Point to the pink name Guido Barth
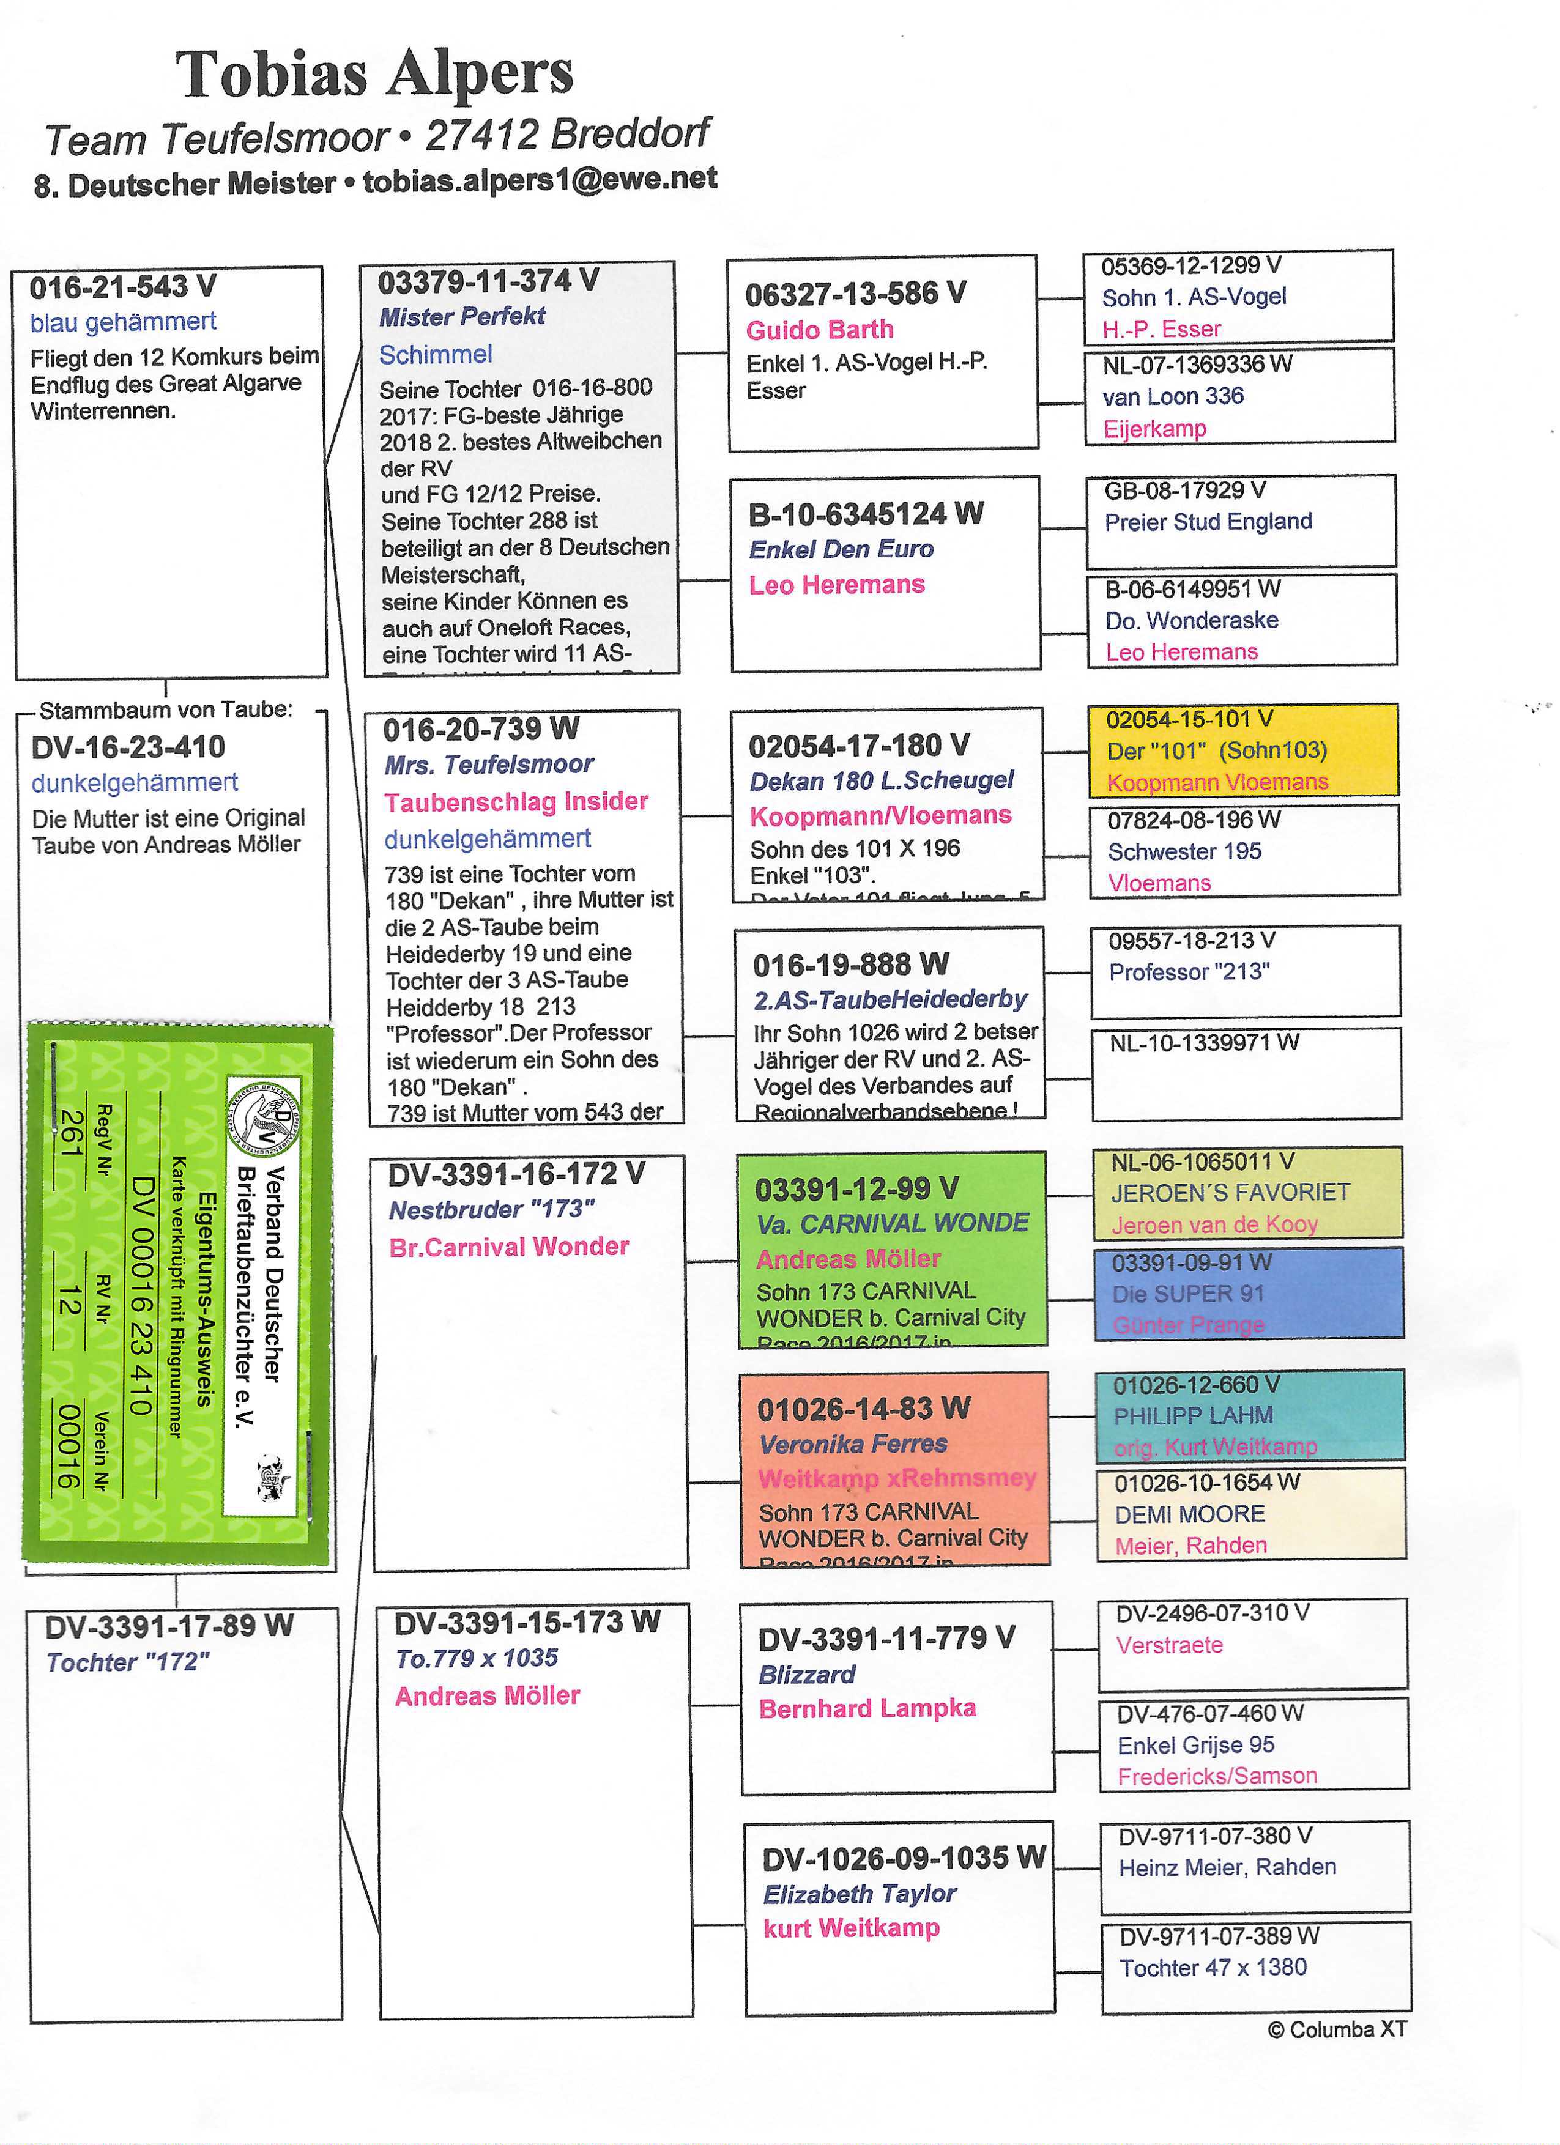[819, 330]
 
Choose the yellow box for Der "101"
[1242, 750]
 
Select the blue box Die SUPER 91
[1248, 1293]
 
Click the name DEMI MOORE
[1189, 1514]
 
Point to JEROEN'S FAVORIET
[1230, 1193]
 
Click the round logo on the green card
[262, 1117]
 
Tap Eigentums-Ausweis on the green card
[206, 1298]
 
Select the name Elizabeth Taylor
[859, 1894]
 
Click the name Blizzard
[806, 1675]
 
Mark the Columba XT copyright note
[1337, 2029]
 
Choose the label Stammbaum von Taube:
[166, 710]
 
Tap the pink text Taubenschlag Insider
[516, 802]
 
